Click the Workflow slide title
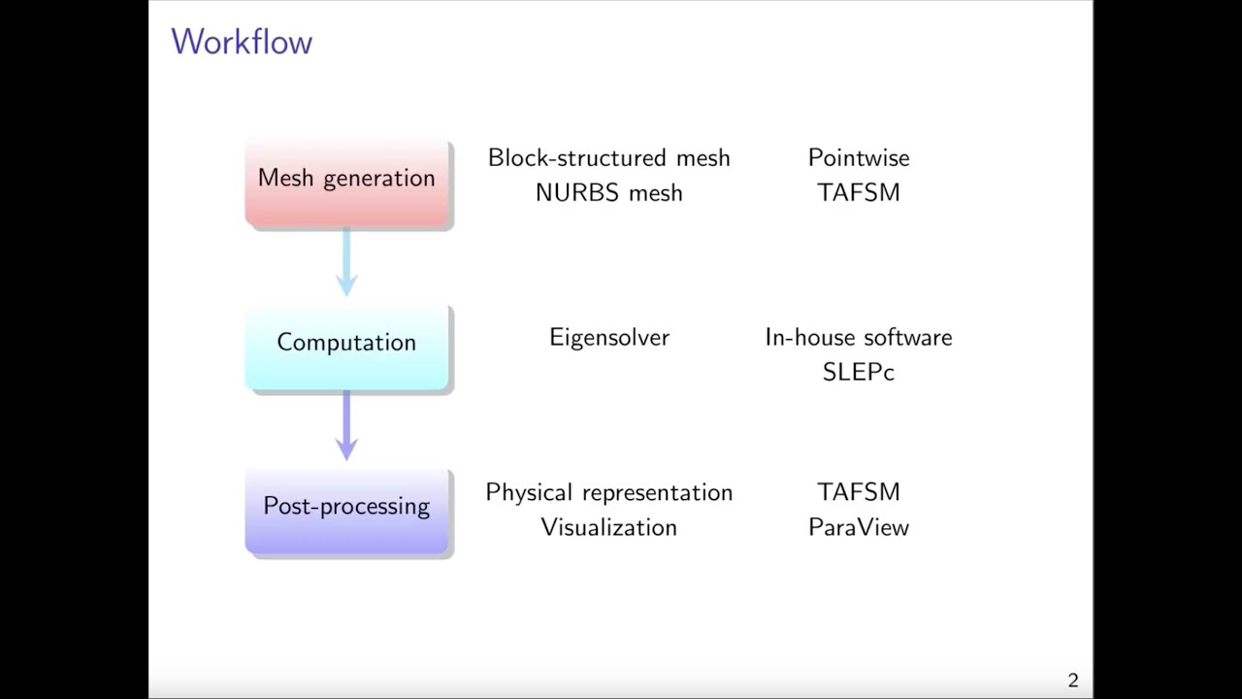coord(242,42)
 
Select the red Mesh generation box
coord(347,183)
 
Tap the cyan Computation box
coord(347,348)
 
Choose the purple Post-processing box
coord(347,511)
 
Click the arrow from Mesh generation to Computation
coord(346,261)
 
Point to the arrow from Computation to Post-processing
coord(346,425)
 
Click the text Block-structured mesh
coord(608,158)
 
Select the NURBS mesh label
coord(608,193)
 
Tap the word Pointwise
coord(859,158)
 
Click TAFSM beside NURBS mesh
coord(859,193)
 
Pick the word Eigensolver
coord(609,338)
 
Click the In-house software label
coord(859,337)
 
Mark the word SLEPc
coord(859,372)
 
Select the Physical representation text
coord(608,492)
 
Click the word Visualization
coord(608,527)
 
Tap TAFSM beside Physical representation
coord(859,492)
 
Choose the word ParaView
coord(859,527)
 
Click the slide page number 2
coord(1073,681)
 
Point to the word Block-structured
coord(576,158)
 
